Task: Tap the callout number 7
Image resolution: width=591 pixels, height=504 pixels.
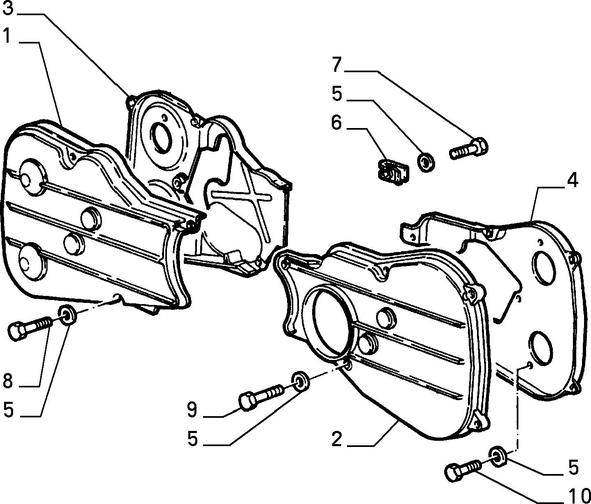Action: (x=337, y=65)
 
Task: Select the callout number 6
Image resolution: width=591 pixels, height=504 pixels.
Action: (x=336, y=123)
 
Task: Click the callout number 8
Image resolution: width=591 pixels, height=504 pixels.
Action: (x=8, y=381)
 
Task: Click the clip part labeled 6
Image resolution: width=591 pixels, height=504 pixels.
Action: (x=393, y=172)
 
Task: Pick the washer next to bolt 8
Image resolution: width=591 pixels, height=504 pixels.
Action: (x=68, y=315)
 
